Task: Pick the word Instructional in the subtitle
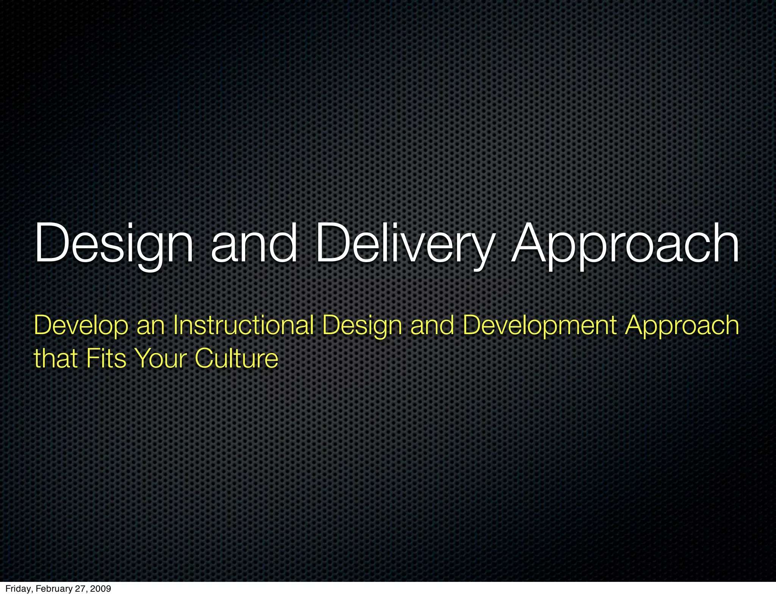pos(243,326)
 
